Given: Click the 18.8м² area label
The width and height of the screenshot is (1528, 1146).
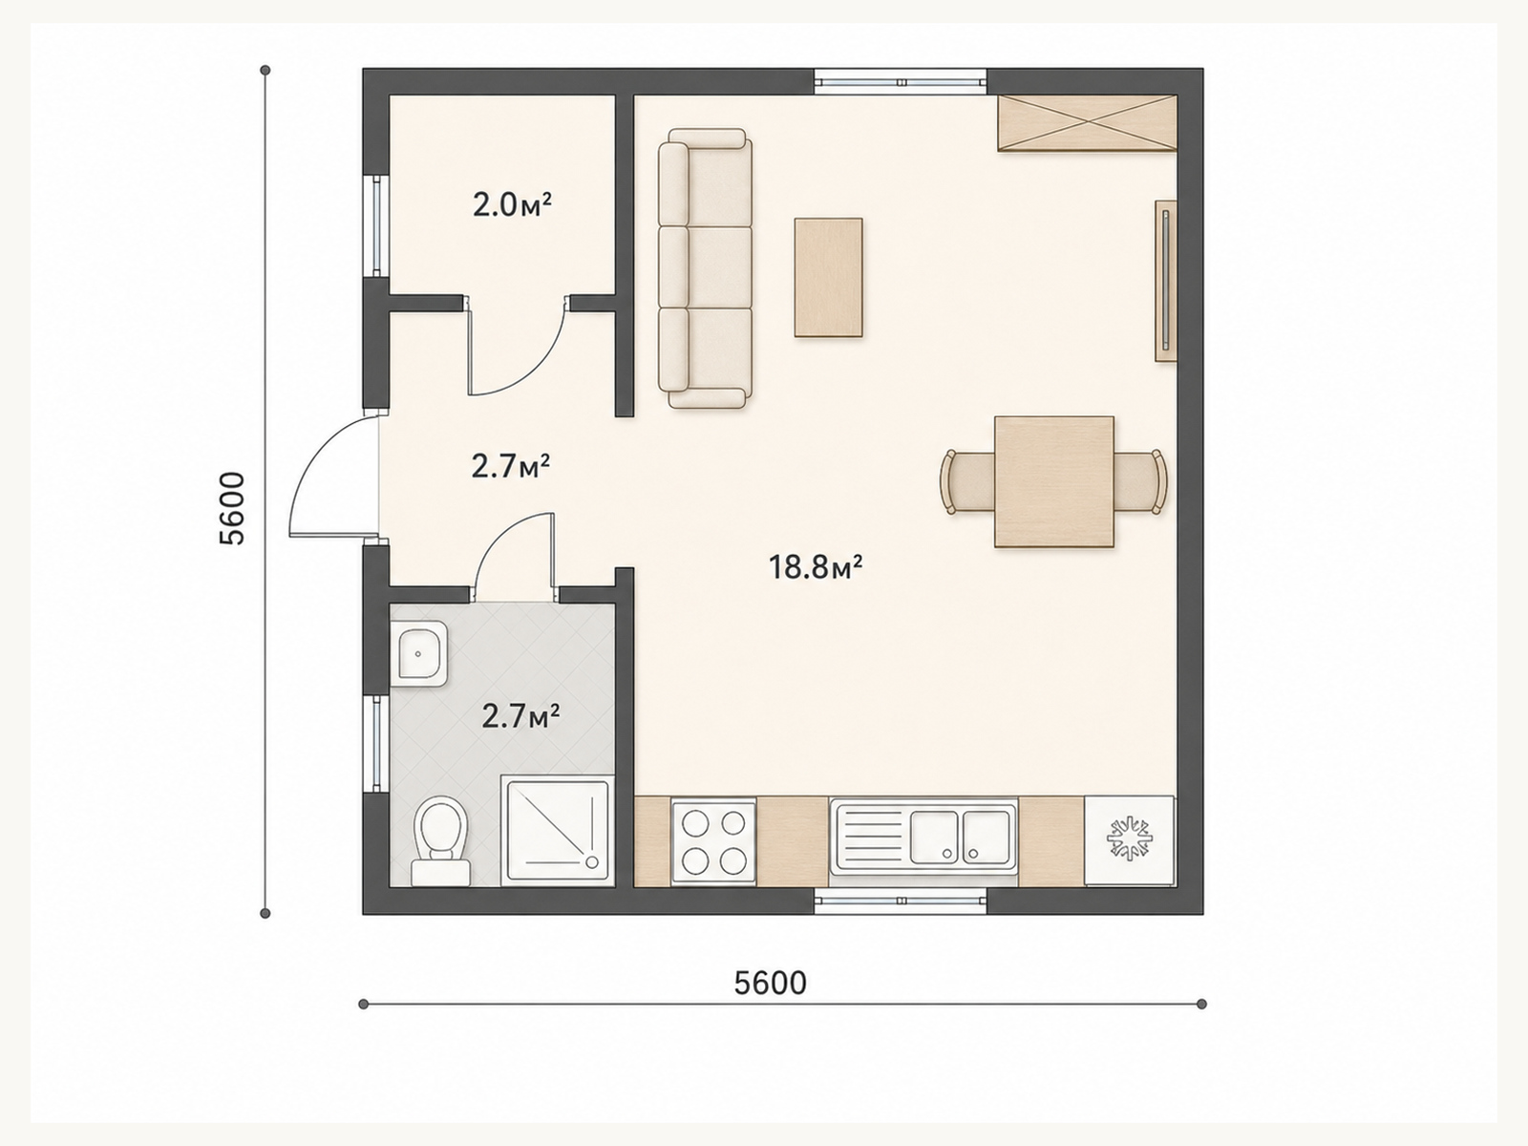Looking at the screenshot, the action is point(816,567).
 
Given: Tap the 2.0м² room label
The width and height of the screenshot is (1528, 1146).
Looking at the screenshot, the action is point(512,205).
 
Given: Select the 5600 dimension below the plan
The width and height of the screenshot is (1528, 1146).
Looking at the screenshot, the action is point(770,984).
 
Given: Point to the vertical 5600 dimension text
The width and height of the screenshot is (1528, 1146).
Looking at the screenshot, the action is point(232,508).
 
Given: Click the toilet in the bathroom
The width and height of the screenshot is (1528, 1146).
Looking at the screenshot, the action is point(440,840).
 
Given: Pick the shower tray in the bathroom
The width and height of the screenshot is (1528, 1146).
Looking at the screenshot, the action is point(559,832).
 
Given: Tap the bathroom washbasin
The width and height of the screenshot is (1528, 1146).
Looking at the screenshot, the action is point(419,653).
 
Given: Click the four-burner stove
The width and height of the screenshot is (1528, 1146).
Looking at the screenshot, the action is point(713,842).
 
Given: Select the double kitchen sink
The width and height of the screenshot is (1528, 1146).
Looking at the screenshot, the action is point(923,837).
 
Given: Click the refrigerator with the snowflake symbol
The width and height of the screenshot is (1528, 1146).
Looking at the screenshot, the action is point(1129,840).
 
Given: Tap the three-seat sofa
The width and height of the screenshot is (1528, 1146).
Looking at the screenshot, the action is point(705,268).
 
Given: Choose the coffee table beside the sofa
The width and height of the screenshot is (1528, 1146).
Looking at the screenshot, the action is point(828,278).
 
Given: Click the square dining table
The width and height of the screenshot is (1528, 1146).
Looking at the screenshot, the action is point(1054,481).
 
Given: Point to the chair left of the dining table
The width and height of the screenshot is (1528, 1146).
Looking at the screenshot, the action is point(966,482).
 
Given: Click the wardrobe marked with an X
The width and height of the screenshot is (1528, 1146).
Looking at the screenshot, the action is point(1088,122).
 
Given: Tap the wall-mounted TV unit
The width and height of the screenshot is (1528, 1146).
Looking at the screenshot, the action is point(1166,281).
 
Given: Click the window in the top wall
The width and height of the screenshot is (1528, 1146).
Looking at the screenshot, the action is point(901,82).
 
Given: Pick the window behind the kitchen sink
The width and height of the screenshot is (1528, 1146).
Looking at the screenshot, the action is point(901,901).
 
